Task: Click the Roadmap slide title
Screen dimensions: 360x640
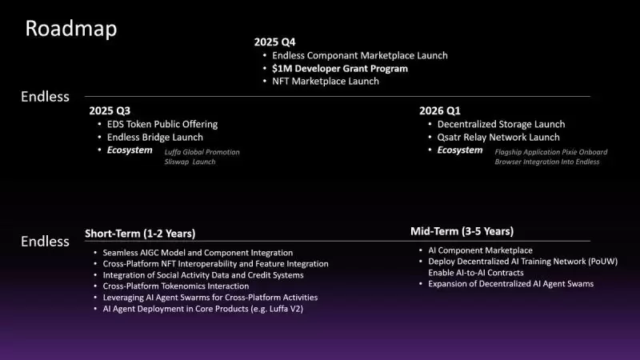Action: coord(71,29)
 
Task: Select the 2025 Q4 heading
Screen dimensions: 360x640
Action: coord(275,42)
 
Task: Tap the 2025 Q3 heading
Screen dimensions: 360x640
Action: coord(110,110)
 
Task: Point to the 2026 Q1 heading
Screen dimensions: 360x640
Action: coord(440,110)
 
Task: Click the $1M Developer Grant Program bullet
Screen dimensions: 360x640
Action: coord(340,69)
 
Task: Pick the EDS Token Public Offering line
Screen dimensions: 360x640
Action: coord(162,124)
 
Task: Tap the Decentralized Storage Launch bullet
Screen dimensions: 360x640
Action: coord(501,124)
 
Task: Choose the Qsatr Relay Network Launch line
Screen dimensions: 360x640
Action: coord(498,137)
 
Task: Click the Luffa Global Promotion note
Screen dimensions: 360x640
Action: coord(202,151)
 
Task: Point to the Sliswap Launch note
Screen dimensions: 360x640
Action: coord(190,162)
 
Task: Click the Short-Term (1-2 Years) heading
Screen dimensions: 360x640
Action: coord(140,234)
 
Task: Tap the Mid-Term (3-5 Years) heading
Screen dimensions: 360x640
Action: coord(462,231)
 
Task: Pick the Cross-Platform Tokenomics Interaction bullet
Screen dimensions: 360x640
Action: coord(176,286)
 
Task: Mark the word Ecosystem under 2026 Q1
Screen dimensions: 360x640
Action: coord(459,150)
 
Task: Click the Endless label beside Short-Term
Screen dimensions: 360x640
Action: coord(45,241)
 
